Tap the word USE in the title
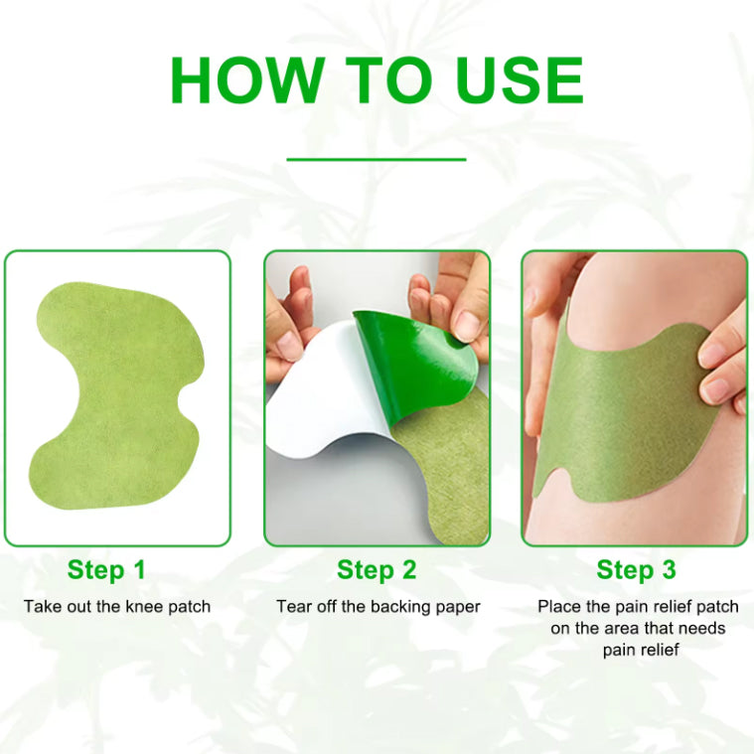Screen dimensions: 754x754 [520, 79]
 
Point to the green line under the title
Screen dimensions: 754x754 [377, 159]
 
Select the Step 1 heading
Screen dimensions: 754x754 [106, 570]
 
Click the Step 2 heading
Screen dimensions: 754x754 [377, 570]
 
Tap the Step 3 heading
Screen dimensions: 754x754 [636, 570]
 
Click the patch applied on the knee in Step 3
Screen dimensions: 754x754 [625, 413]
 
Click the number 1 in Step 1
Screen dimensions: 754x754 [138, 569]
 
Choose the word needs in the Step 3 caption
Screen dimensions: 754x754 [702, 629]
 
